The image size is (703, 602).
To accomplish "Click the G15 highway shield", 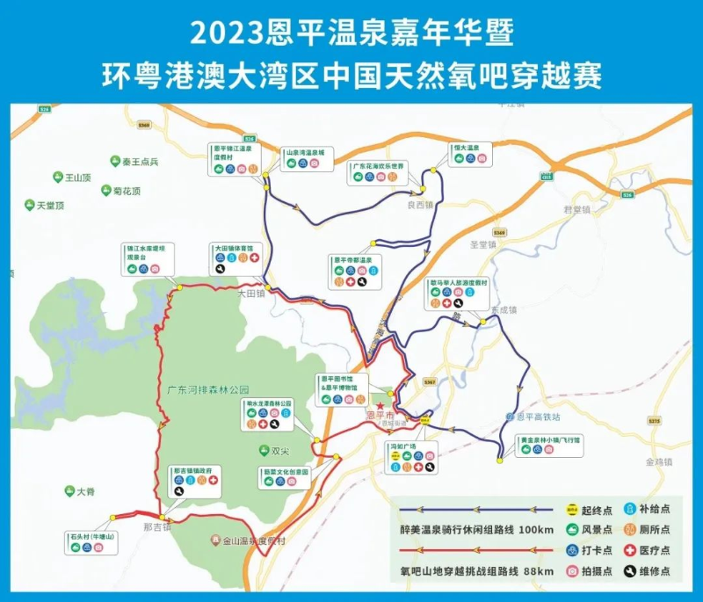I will tap(547, 177).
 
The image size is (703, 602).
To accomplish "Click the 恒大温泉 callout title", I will tap(466, 148).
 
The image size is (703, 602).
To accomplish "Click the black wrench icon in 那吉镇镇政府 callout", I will tap(179, 492).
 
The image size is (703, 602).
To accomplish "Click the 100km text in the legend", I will tap(536, 530).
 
